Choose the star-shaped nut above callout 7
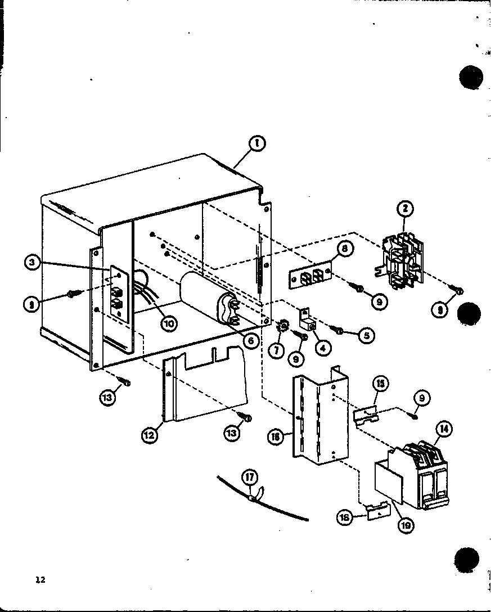pos(284,325)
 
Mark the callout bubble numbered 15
pos(381,383)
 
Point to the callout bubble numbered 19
pos(404,525)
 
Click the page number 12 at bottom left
pos(24,581)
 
